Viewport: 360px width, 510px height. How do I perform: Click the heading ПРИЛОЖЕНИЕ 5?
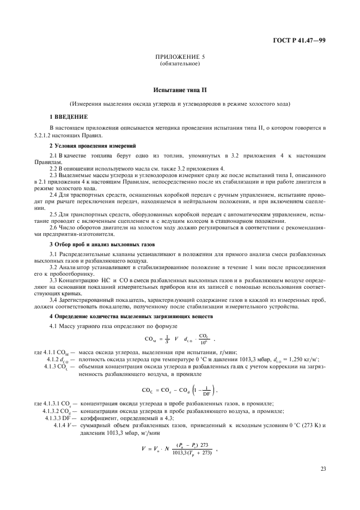pos(180,56)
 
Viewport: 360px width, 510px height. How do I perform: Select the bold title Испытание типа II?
pos(180,90)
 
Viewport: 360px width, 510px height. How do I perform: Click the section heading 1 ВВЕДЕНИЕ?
pos(68,116)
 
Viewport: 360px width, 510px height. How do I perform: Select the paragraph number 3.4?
pos(54,300)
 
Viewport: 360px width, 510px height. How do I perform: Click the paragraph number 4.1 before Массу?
pos(54,325)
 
